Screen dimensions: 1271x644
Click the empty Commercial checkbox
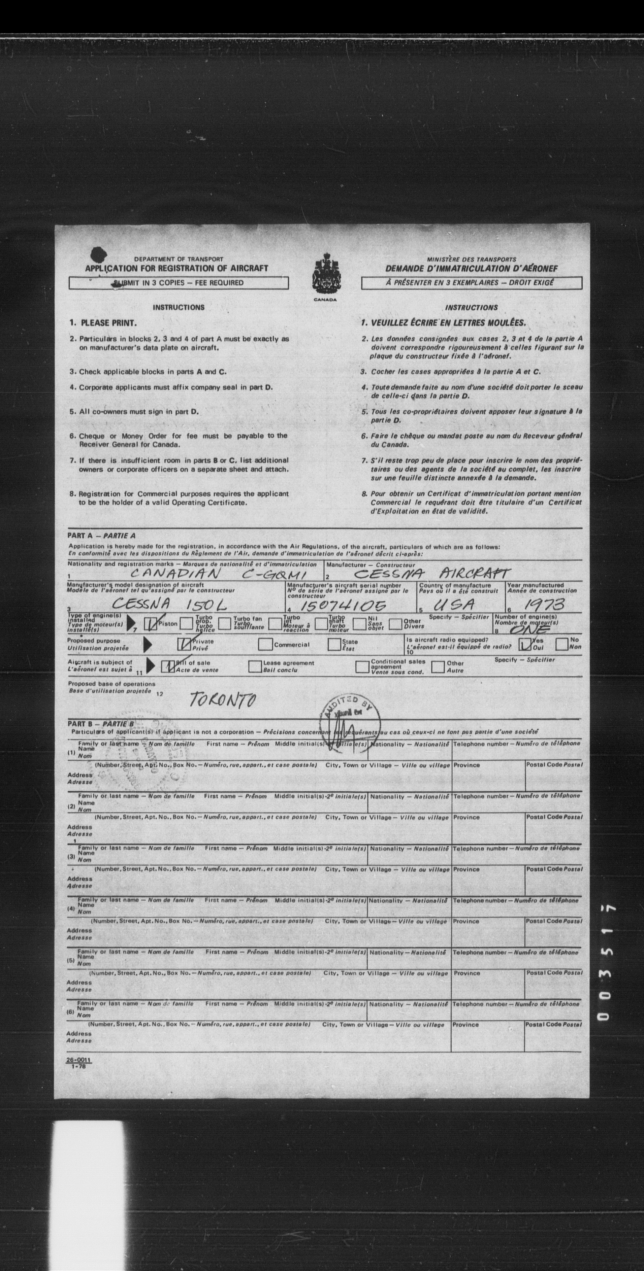pos(266,644)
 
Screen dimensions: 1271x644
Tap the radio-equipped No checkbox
pos(561,644)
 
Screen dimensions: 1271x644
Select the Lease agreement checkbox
pos(255,666)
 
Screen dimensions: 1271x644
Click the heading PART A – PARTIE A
pos(101,535)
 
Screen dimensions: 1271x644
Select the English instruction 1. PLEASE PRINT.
pos(103,323)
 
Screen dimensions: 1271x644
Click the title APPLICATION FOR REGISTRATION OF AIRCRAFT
pos(177,268)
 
